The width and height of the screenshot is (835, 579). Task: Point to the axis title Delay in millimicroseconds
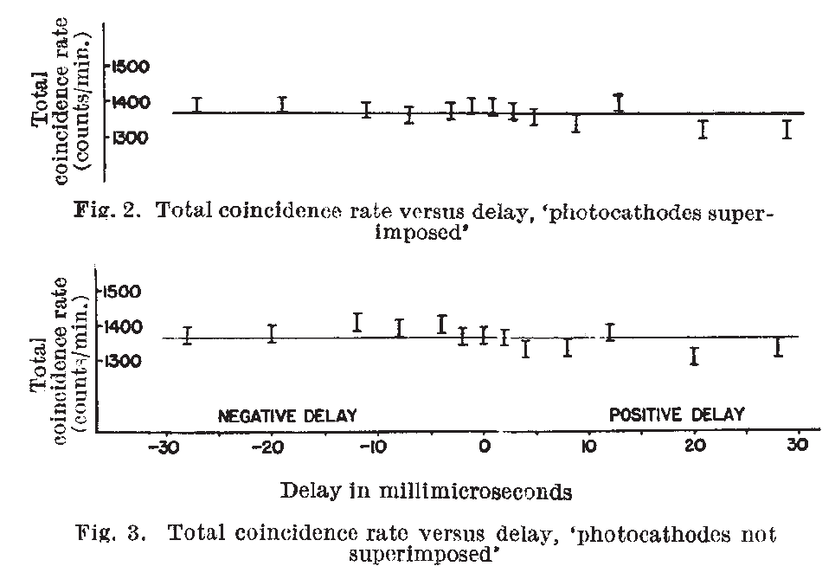pos(426,492)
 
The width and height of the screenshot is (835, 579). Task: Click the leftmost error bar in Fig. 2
pos(197,105)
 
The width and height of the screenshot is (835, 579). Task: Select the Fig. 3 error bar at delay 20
pos(694,356)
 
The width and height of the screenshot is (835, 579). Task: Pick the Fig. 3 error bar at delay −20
pos(272,333)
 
